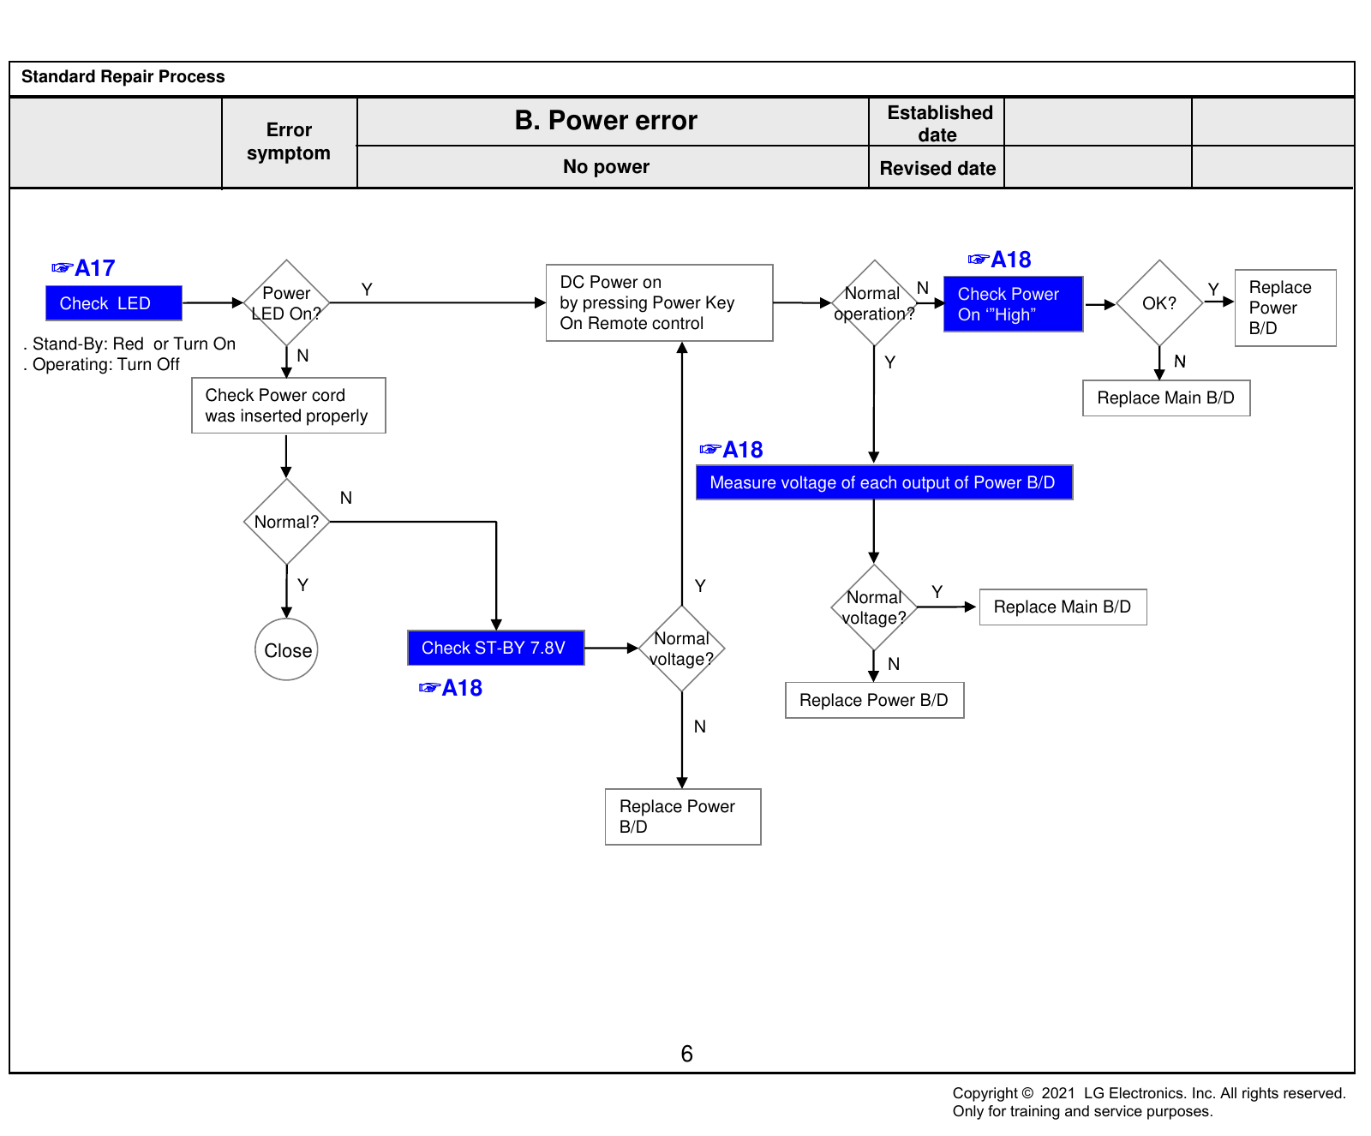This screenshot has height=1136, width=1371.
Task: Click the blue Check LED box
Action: (114, 303)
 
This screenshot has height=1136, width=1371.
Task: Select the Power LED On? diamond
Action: (286, 302)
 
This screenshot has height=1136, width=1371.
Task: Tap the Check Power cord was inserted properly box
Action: (289, 405)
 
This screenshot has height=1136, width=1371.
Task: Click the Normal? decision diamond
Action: (286, 521)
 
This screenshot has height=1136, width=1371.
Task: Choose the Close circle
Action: (286, 649)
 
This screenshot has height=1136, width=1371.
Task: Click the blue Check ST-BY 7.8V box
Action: (496, 648)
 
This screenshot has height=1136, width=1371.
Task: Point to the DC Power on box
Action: (660, 302)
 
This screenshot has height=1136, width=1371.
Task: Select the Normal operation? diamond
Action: (874, 302)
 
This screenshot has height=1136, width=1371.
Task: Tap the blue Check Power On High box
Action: (1014, 303)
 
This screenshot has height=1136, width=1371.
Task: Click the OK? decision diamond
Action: (1159, 302)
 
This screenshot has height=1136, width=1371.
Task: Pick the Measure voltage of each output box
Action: (884, 482)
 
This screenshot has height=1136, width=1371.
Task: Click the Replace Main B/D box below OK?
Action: (1166, 398)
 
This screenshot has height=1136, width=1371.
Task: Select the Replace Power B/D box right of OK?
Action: (1285, 308)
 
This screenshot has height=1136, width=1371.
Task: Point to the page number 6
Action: (686, 1054)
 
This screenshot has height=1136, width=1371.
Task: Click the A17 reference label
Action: (83, 268)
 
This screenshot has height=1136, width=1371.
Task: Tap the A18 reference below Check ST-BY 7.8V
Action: (451, 688)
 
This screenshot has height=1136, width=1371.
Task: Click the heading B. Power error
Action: (606, 121)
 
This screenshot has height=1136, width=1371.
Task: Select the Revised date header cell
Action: (937, 168)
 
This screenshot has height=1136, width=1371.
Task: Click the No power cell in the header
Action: (606, 167)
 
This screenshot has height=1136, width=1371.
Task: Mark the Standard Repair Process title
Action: (123, 76)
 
